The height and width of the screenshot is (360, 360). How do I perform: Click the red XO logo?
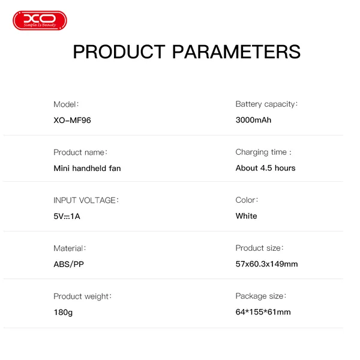pyautogui.click(x=40, y=21)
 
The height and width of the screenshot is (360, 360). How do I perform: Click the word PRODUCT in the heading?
pyautogui.click(x=119, y=52)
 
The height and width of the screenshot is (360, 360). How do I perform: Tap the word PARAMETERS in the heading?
pyautogui.click(x=236, y=52)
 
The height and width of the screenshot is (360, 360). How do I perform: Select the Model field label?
pyautogui.click(x=66, y=104)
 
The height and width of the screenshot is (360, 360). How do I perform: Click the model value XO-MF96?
pyautogui.click(x=72, y=120)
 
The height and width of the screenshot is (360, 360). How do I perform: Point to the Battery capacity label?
pyautogui.click(x=266, y=104)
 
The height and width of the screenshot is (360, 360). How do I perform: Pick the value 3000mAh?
pyautogui.click(x=253, y=120)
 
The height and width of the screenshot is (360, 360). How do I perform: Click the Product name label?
pyautogui.click(x=80, y=152)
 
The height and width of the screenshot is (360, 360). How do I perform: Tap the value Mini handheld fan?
pyautogui.click(x=87, y=168)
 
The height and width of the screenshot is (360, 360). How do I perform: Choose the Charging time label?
pyautogui.click(x=263, y=152)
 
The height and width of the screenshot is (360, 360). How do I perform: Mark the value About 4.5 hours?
pyautogui.click(x=265, y=168)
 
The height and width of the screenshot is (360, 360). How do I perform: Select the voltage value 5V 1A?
pyautogui.click(x=67, y=216)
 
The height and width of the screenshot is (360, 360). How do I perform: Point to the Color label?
pyautogui.click(x=247, y=200)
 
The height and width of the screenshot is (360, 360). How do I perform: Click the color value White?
pyautogui.click(x=246, y=216)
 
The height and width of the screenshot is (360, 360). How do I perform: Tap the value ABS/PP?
pyautogui.click(x=68, y=264)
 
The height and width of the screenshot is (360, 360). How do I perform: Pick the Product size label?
pyautogui.click(x=259, y=248)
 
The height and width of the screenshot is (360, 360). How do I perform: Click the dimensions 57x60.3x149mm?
pyautogui.click(x=266, y=264)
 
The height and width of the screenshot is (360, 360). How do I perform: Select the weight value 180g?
pyautogui.click(x=63, y=312)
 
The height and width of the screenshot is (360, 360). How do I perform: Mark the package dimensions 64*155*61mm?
pyautogui.click(x=263, y=312)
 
